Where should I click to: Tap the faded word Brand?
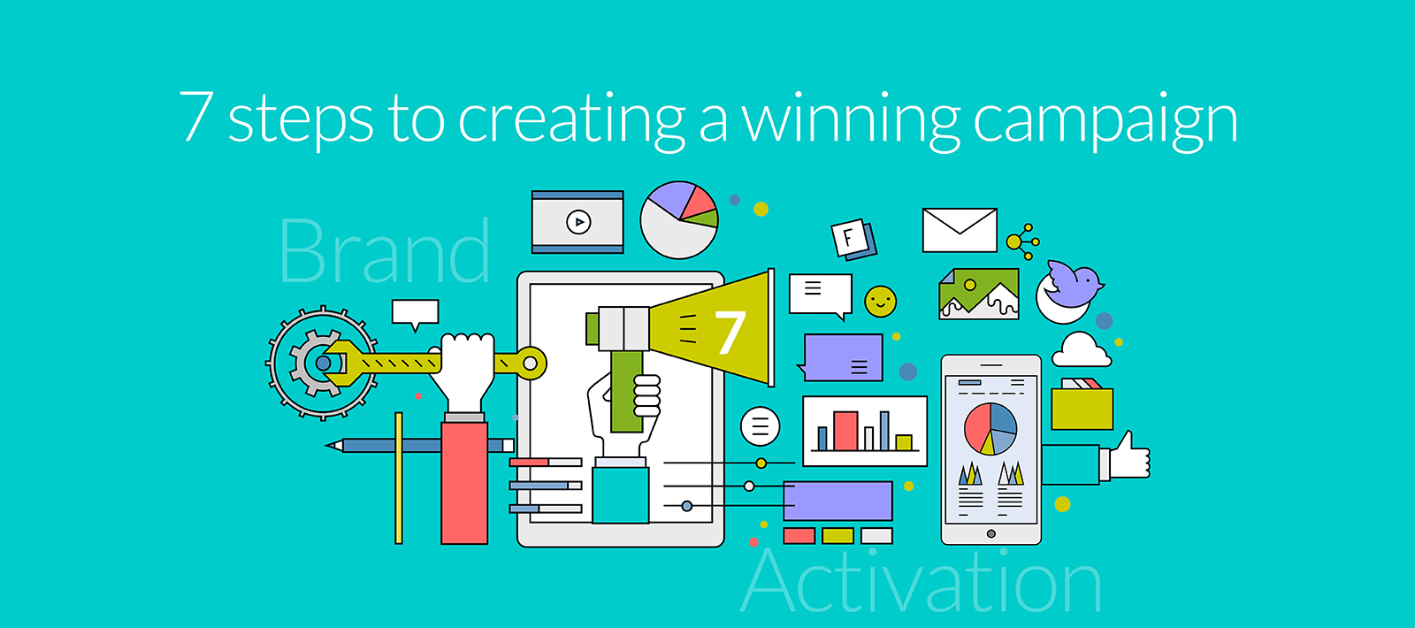pos(385,252)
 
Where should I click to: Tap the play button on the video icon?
pos(578,222)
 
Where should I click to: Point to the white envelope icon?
pos(960,230)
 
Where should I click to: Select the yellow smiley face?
pos(880,302)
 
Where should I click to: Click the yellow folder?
pos(1082,408)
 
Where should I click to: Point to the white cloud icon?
pos(1081,350)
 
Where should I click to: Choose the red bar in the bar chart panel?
pos(845,431)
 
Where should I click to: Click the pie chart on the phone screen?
pos(990,428)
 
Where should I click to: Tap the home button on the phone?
pos(990,533)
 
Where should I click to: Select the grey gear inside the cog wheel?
pos(315,363)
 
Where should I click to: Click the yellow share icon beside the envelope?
pos(1022,241)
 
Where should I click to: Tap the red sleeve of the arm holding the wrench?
pos(464,482)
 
